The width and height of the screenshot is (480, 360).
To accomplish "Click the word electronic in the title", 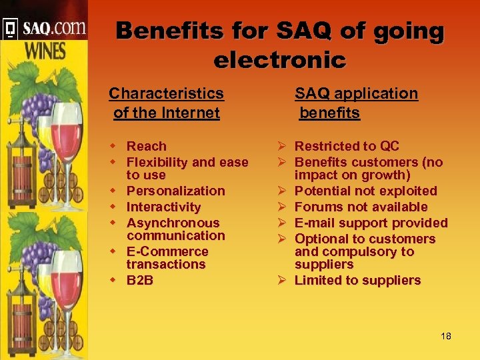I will (279, 60).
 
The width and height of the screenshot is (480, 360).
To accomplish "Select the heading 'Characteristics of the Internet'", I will (166, 103).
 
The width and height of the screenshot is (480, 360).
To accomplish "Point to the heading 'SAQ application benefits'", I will (356, 103).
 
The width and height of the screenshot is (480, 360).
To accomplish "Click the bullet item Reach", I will (147, 146).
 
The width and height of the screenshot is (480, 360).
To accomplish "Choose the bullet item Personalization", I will (175, 191).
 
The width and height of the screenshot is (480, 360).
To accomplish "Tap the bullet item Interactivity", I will (163, 207).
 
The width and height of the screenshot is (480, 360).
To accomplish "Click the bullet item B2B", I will (140, 280).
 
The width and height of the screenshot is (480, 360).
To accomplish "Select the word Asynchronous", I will (173, 223).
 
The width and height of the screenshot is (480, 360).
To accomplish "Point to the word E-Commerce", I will (167, 252).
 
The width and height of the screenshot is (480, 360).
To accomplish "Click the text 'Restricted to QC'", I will (347, 146).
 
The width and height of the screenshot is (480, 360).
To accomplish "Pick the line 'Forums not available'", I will (361, 207).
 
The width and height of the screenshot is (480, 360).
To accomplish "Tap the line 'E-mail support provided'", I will (371, 223).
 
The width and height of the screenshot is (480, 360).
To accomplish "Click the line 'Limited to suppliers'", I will (357, 281).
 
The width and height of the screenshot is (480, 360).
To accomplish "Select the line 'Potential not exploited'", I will (365, 191).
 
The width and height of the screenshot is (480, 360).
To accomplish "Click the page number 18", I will (446, 336).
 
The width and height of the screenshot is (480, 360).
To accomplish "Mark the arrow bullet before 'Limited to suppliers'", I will (283, 281).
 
